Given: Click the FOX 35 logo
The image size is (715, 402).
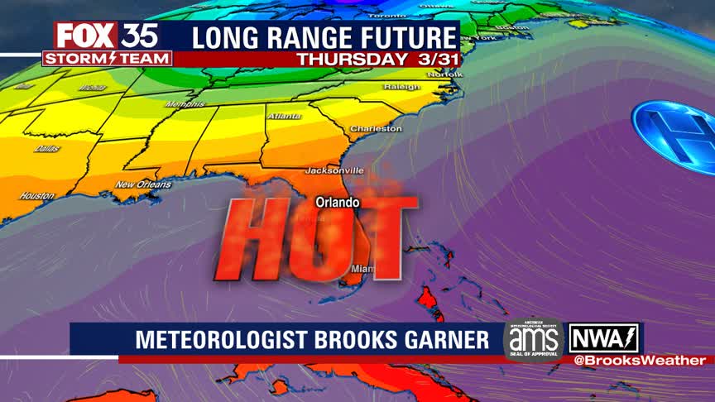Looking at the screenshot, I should (x=107, y=36).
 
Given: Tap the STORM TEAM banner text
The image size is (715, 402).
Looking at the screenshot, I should (x=108, y=59).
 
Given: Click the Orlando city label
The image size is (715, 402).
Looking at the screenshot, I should (x=338, y=202).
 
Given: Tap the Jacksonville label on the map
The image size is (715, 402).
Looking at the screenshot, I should (x=334, y=170).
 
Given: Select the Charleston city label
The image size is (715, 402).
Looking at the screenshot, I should (x=376, y=129).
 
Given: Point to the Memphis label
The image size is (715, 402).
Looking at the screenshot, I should (x=185, y=104).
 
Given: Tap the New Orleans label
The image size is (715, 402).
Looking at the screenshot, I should (x=143, y=184).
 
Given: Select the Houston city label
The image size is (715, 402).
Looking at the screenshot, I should (x=36, y=196).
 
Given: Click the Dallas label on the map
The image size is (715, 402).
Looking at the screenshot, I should (x=46, y=149).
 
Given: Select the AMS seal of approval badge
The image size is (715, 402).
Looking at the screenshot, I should (x=533, y=339).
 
